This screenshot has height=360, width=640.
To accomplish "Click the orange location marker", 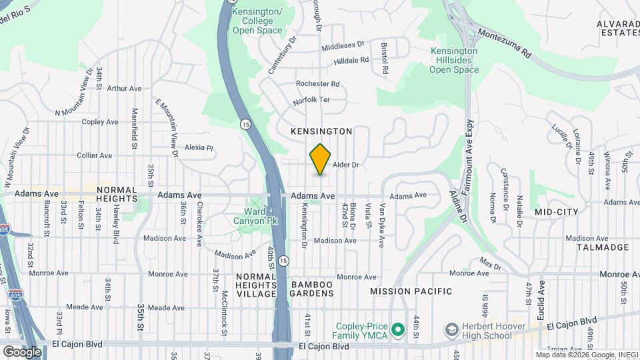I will (321, 159).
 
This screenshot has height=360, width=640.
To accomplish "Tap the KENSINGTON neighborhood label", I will (321, 132).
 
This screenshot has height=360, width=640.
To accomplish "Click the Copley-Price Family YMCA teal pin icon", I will (399, 329).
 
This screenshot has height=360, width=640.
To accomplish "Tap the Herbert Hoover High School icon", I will (452, 330).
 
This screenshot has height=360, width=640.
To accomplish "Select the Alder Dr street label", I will (346, 165).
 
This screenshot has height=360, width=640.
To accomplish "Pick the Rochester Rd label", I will (318, 84).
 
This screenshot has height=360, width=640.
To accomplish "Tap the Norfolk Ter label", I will (311, 102).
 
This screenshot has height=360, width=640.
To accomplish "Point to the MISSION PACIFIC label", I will (411, 291).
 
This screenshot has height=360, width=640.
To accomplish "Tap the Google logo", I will (22, 351).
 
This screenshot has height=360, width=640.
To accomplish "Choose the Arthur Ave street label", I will (125, 88).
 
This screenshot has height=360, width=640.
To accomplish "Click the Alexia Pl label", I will (198, 147).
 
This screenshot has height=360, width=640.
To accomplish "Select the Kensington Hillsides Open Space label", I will (454, 60).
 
